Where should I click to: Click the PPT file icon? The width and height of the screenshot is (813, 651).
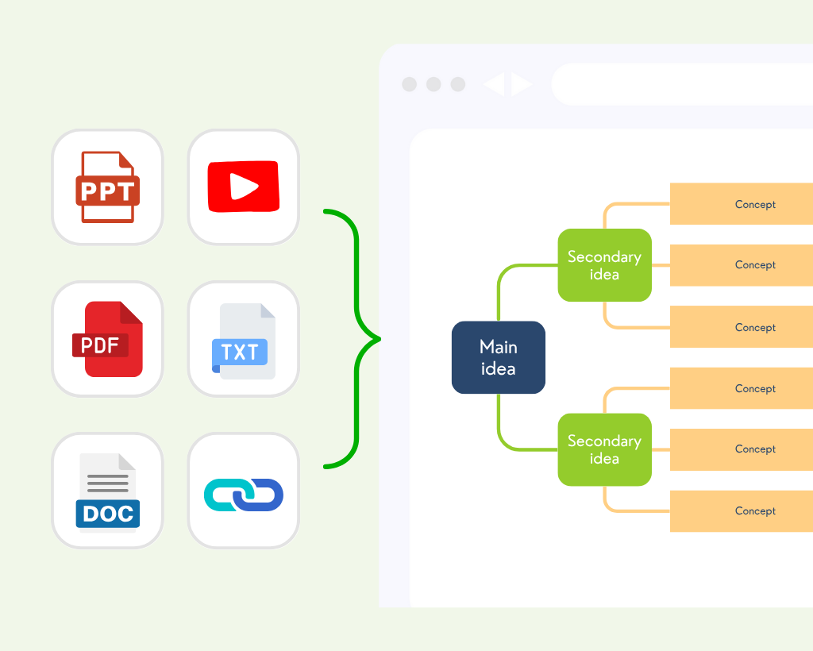(x=107, y=187)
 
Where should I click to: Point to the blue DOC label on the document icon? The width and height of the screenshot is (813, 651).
(x=108, y=514)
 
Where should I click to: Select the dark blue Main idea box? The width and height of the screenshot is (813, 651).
(x=498, y=357)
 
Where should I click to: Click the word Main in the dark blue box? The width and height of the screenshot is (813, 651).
(x=498, y=347)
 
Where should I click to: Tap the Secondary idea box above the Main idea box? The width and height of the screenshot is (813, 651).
(x=604, y=265)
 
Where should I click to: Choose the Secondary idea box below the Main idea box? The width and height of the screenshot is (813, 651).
(x=604, y=449)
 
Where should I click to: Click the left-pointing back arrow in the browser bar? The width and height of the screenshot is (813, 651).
(x=494, y=84)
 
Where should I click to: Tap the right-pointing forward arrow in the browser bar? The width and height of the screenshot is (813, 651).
(x=521, y=84)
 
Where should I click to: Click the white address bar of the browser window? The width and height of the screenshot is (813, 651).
(x=683, y=84)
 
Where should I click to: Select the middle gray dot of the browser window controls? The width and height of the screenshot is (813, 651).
(x=433, y=84)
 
